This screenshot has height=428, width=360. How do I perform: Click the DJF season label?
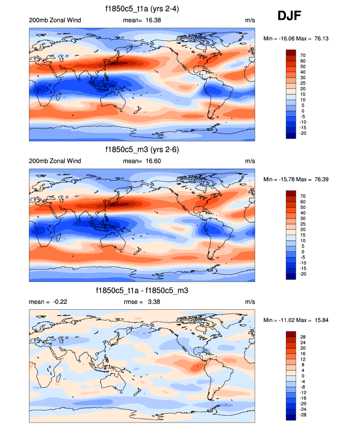(289, 16)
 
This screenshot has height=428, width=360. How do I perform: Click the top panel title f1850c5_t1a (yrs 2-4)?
(142, 9)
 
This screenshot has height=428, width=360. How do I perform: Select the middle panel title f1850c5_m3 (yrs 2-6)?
(142, 149)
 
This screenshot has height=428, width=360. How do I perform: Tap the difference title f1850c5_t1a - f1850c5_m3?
(142, 291)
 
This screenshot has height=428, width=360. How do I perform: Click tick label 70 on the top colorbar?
(303, 55)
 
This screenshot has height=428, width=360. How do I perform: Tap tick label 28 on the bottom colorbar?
(303, 338)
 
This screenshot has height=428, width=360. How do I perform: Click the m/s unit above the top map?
(249, 20)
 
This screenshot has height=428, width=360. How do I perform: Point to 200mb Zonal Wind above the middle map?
(55, 161)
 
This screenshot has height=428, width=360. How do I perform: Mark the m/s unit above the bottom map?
(249, 302)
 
